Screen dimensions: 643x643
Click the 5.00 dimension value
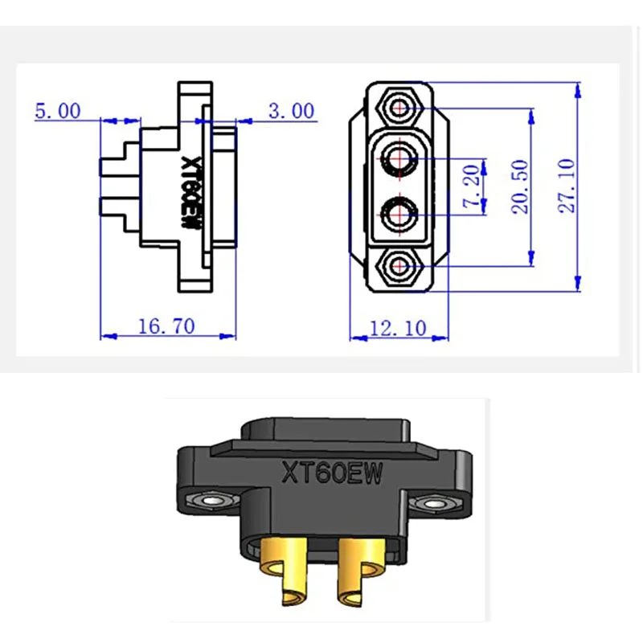[57, 110]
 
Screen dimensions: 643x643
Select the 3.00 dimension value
[291, 110]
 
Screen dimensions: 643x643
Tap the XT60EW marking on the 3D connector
[332, 472]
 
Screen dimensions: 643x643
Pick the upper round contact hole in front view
[398, 158]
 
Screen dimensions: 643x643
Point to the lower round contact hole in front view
[398, 215]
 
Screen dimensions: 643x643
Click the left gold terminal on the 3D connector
[285, 575]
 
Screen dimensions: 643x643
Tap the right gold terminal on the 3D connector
[358, 575]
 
